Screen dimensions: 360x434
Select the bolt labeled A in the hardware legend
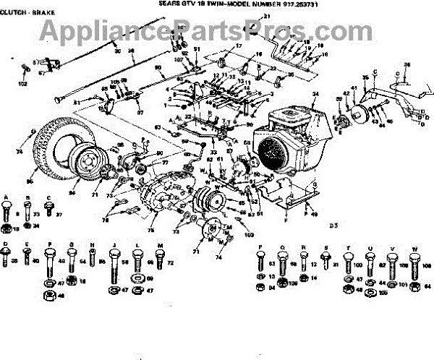click(7, 213)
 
